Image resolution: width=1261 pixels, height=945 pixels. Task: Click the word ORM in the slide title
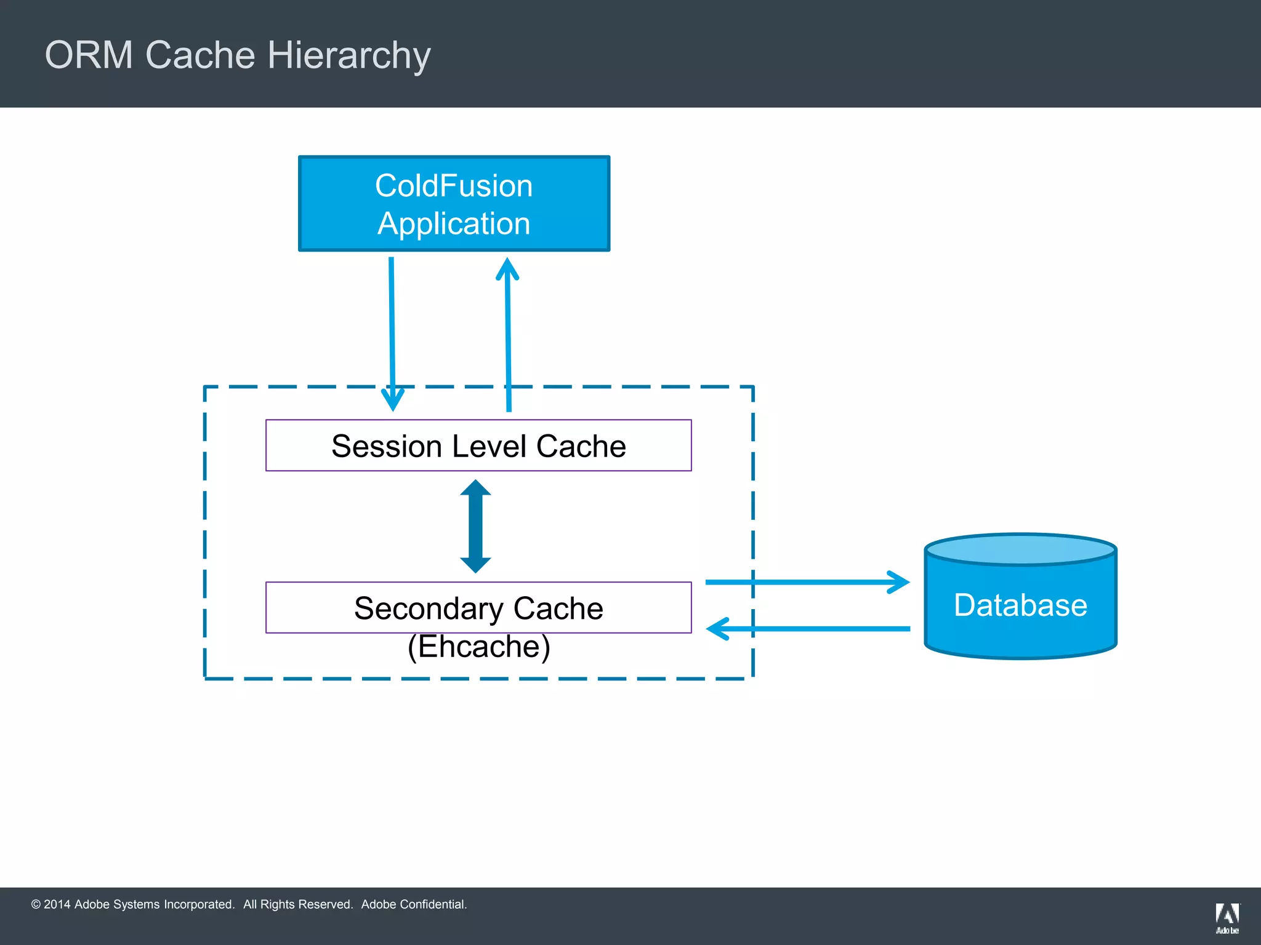(x=89, y=55)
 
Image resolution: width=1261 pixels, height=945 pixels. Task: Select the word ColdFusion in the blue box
(x=454, y=186)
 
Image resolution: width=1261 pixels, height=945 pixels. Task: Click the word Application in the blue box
(x=454, y=224)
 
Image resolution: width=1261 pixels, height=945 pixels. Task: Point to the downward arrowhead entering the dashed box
(x=393, y=400)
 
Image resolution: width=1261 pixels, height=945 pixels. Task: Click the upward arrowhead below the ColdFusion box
(x=507, y=269)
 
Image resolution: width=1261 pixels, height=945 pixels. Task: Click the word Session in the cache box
(x=387, y=446)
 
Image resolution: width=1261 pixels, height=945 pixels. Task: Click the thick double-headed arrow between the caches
(x=475, y=526)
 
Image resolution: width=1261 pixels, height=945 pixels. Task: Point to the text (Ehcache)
(x=478, y=647)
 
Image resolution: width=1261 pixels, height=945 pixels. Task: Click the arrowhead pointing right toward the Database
(x=899, y=582)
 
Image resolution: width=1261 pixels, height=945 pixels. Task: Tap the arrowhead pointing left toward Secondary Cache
(x=718, y=629)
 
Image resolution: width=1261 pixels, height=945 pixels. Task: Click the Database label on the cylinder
(x=1020, y=605)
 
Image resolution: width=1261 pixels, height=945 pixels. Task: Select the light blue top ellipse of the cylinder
(x=1020, y=549)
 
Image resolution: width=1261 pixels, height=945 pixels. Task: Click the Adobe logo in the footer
(x=1227, y=917)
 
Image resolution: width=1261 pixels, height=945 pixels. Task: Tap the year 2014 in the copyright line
(x=57, y=904)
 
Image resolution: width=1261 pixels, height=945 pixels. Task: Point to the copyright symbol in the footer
(x=36, y=904)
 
